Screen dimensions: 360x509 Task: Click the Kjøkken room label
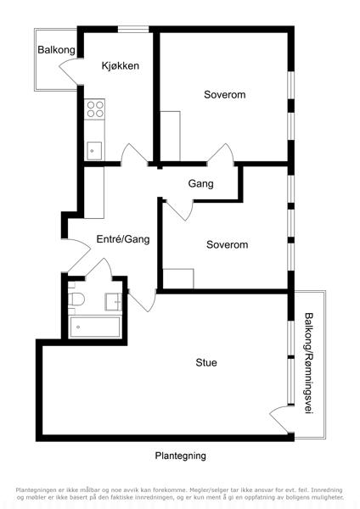pos(121,66)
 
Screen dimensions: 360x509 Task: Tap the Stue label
pos(206,362)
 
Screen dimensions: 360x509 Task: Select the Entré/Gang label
pos(123,239)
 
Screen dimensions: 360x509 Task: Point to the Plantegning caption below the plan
pos(180,456)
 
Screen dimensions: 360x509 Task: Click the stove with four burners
pos(94,109)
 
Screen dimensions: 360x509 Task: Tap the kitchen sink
pos(94,151)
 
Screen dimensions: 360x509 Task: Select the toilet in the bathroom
pos(76,299)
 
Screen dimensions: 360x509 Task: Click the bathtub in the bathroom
pos(95,327)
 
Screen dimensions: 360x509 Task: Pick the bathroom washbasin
pos(114,301)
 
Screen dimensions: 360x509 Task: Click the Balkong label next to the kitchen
pos(57,50)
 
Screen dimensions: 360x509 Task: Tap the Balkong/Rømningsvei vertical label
pos(308,363)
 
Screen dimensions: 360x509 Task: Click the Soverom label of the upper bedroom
pos(224,95)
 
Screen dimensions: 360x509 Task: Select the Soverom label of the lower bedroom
pos(227,244)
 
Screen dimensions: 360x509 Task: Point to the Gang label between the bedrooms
pos(200,184)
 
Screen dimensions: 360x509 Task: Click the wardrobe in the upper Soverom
pos(171,137)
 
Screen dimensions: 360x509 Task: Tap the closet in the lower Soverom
pos(178,278)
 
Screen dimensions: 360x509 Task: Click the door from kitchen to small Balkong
pos(70,70)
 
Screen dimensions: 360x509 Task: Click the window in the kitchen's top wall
pos(133,30)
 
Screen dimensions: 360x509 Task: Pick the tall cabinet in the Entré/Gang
pos(94,193)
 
